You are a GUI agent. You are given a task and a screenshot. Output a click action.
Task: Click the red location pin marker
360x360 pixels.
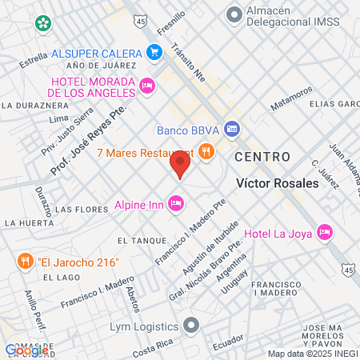click(180, 165)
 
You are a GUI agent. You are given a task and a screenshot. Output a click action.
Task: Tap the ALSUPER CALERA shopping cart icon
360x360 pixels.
click(155, 54)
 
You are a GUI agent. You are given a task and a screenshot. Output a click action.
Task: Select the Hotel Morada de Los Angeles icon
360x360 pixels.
click(146, 86)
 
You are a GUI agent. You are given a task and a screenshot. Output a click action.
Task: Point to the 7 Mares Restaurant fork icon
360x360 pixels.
click(206, 151)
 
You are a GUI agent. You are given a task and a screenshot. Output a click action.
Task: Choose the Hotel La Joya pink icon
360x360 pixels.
click(324, 232)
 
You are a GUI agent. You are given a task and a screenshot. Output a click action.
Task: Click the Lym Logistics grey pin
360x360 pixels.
click(190, 326)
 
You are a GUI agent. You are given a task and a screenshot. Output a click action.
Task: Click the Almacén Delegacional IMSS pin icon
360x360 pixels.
click(234, 14)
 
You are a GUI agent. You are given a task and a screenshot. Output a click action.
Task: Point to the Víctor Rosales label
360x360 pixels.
click(278, 182)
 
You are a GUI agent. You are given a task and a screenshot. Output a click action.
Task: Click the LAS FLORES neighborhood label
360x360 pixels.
click(81, 209)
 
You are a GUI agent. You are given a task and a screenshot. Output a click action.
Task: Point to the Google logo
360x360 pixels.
click(26, 350)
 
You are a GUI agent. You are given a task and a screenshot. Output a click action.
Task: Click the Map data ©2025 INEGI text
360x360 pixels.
click(312, 354)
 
